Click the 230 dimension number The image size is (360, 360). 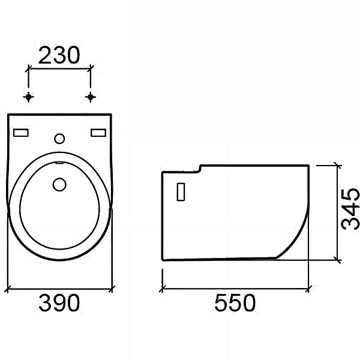[59, 55]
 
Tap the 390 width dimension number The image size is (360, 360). [59, 302]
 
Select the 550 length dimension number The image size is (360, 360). [235, 302]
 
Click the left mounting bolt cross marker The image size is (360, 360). [28, 97]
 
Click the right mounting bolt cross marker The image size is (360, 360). [91, 97]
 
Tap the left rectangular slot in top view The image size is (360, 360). [21, 133]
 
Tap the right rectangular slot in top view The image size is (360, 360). [98, 133]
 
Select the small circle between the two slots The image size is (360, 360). [59, 139]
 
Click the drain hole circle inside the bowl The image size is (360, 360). [59, 184]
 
